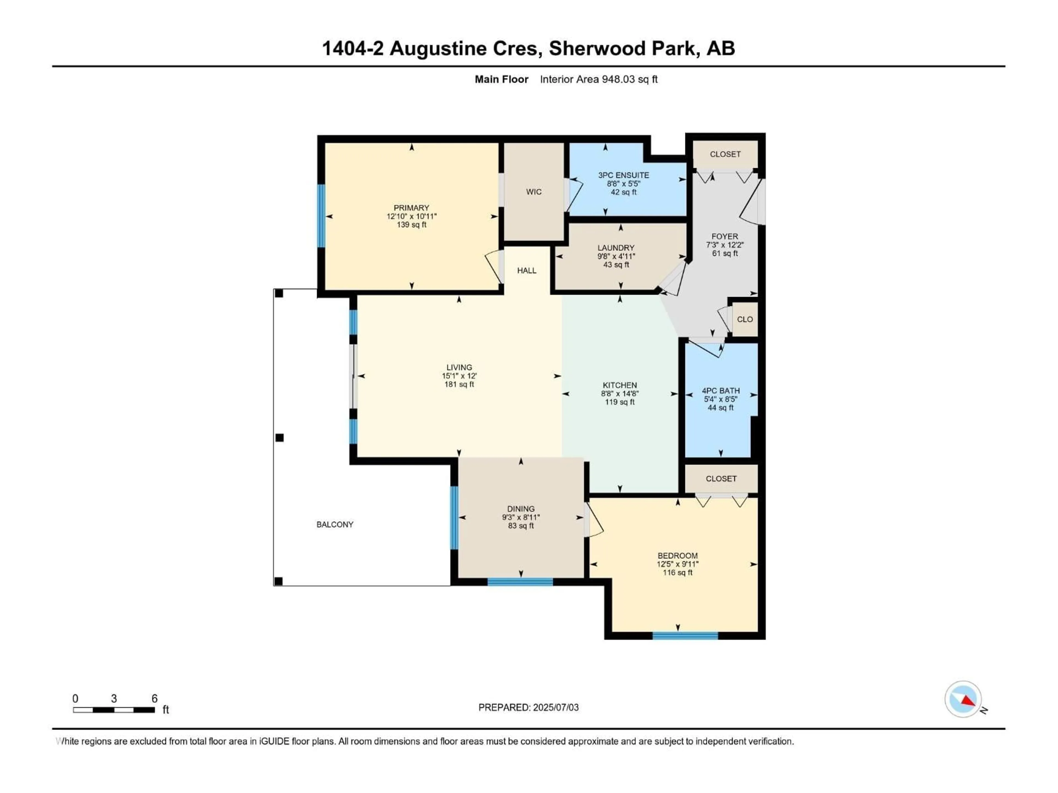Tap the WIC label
tap(534, 192)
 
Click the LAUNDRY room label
tap(616, 248)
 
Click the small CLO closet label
tap(745, 319)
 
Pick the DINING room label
tap(521, 509)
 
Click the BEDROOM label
tap(677, 555)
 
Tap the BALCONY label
tap(335, 524)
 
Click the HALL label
tap(527, 271)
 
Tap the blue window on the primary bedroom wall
tap(321, 216)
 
